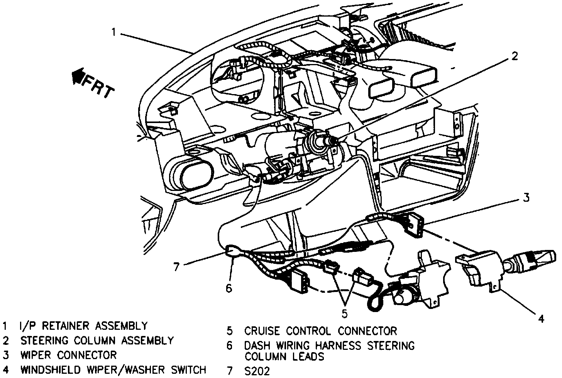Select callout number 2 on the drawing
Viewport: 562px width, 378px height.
pyautogui.click(x=515, y=56)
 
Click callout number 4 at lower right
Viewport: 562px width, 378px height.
pyautogui.click(x=541, y=319)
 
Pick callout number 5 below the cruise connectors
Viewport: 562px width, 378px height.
pyautogui.click(x=344, y=314)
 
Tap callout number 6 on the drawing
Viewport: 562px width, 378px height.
pyautogui.click(x=229, y=289)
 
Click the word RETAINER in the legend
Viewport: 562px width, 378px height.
pyautogui.click(x=65, y=326)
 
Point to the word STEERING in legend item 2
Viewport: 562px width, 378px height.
pyautogui.click(x=44, y=341)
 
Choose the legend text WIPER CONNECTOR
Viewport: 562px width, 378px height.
pyautogui.click(x=68, y=355)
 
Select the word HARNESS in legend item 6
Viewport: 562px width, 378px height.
pyautogui.click(x=339, y=346)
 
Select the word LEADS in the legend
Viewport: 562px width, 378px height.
pyautogui.click(x=310, y=356)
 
